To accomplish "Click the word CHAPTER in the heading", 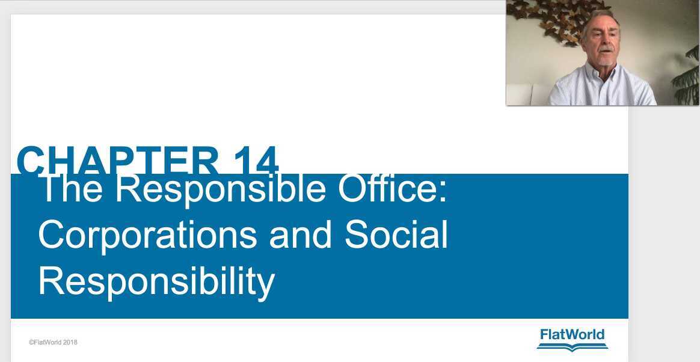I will click(118, 161).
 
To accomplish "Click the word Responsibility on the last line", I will click(156, 280).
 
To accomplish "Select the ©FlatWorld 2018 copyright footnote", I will click(53, 343).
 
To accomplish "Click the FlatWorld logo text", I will click(573, 335).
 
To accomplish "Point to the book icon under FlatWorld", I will click(573, 347).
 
